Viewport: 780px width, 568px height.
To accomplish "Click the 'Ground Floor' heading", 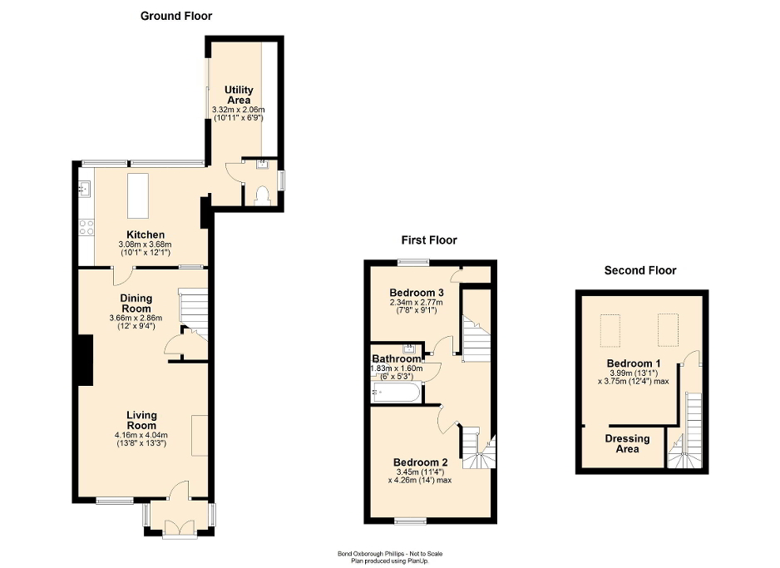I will click(x=175, y=16).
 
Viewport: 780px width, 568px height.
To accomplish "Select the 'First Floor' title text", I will click(x=429, y=240).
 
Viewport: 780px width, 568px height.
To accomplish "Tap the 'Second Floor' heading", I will click(x=639, y=270).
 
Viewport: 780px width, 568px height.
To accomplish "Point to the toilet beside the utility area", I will click(x=264, y=195).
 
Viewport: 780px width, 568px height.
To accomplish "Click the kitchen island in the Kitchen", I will click(x=136, y=195).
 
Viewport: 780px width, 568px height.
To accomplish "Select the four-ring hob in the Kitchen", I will click(x=86, y=225).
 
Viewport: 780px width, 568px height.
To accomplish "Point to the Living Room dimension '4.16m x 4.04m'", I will click(x=141, y=434).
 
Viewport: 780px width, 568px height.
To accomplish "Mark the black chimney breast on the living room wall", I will click(x=84, y=360).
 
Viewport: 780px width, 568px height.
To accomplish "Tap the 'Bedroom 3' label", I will click(x=417, y=293).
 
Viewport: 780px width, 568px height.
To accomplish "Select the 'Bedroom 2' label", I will click(x=421, y=462).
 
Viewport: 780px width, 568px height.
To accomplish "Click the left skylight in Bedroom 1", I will click(x=613, y=329).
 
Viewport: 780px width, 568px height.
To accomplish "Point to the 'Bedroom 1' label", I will click(x=634, y=364).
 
